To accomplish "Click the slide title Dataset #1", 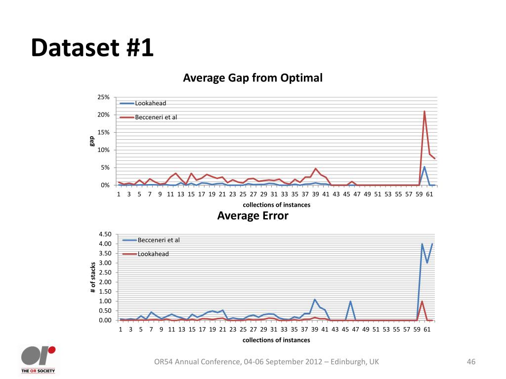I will [x=92, y=48].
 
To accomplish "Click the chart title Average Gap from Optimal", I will [x=253, y=78].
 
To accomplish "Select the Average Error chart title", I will [x=253, y=216].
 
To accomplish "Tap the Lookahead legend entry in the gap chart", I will [x=150, y=103].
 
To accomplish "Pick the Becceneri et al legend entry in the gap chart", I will [x=156, y=117].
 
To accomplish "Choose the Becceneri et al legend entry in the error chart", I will [x=158, y=240].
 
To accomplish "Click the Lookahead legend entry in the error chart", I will [x=153, y=254].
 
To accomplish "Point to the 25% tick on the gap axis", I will [x=103, y=97].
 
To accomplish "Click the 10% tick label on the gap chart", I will [x=103, y=150].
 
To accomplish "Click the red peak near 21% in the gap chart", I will [x=424, y=112].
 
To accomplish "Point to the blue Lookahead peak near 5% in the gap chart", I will [x=424, y=167].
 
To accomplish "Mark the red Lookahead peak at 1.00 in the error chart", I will [x=422, y=302].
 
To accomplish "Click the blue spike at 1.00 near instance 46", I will [x=350, y=302].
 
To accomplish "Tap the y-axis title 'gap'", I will [x=92, y=141].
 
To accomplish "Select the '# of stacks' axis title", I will [x=93, y=278].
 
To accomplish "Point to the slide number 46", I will [x=471, y=362].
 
